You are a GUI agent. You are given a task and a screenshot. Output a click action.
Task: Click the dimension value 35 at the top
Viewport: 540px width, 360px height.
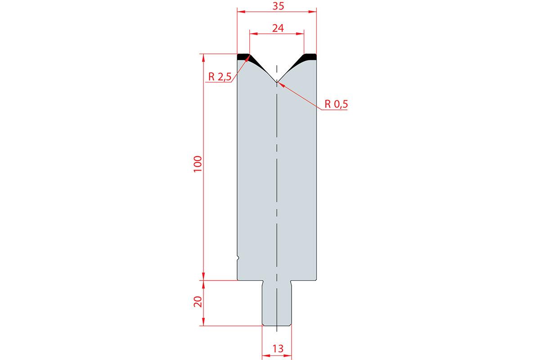coord(278,6)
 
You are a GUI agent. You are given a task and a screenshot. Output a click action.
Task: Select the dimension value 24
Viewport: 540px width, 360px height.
coord(278,28)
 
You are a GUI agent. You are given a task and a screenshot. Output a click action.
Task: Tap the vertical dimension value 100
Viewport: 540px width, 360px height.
coord(198,164)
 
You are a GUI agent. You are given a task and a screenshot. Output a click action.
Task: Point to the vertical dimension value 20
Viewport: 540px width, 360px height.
coord(198,301)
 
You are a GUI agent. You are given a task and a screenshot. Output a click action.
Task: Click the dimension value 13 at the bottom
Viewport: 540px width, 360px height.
coord(278,349)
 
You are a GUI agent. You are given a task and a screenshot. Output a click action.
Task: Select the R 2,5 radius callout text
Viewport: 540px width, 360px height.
coord(220,76)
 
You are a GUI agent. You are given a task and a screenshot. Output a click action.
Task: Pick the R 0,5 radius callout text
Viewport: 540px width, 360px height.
coord(336,104)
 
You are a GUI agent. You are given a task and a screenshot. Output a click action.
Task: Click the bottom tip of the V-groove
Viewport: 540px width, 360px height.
coord(277,82)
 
